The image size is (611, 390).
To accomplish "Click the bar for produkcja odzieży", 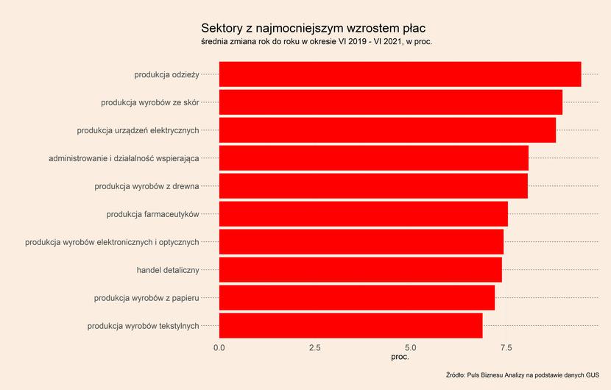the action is [400, 74].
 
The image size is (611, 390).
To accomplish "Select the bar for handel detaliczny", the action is [361, 269].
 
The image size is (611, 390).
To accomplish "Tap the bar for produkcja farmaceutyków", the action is [364, 214].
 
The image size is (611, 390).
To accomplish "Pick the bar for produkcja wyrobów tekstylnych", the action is [350, 326].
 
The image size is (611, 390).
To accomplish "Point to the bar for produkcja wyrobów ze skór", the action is [391, 102].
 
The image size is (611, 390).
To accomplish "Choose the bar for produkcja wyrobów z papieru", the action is [357, 298].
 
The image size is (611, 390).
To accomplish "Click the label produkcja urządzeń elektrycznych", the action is [138, 130].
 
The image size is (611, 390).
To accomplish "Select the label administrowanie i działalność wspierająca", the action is [124, 158].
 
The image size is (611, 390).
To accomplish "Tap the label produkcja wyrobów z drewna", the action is [147, 186].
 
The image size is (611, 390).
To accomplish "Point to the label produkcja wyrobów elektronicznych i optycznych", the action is [112, 242].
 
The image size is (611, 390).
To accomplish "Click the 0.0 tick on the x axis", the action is [219, 347].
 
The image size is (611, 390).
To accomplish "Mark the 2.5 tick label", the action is [315, 347].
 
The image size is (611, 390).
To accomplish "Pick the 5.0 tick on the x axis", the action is [411, 347].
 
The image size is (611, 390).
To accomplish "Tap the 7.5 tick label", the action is [506, 347].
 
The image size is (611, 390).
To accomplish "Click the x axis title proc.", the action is [400, 357].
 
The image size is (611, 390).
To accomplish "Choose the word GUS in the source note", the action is [593, 375].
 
